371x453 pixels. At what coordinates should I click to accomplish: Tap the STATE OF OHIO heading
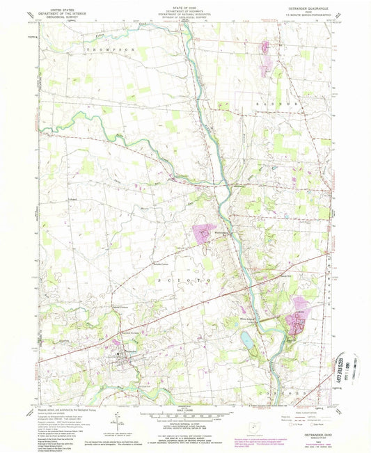185,7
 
